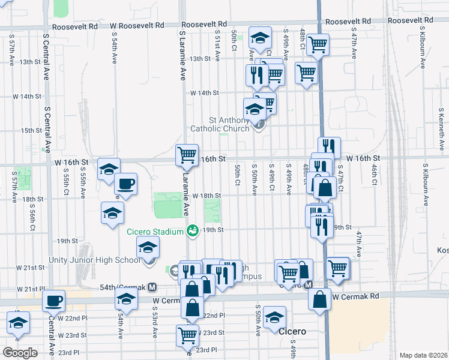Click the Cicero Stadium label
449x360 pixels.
154,232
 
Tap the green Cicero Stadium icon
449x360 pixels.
193,230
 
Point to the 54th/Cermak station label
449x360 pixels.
123,288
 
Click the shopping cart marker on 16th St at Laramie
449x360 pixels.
187,155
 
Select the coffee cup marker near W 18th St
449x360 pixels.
125,184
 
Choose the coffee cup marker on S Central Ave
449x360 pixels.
53,300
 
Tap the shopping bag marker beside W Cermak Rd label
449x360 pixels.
320,298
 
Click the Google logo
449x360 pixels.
20,352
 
